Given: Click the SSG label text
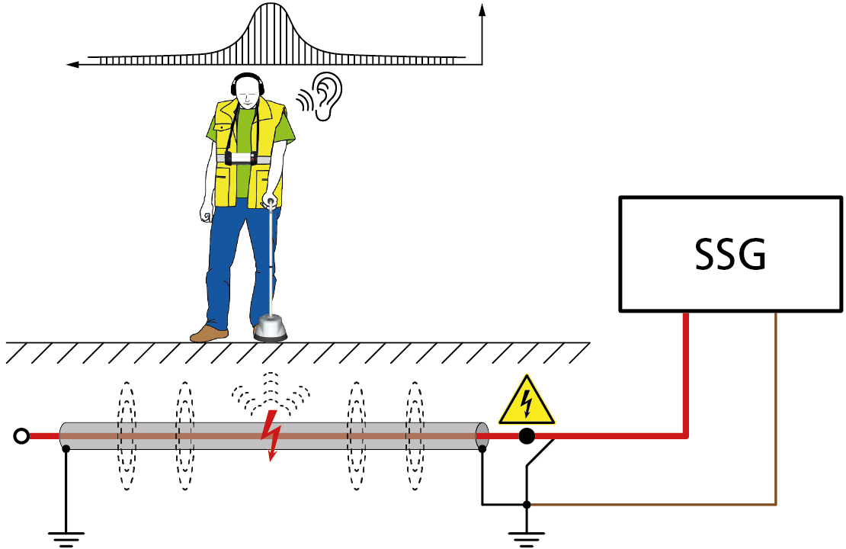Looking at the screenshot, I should (x=730, y=255).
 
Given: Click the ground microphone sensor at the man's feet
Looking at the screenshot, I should (x=271, y=329).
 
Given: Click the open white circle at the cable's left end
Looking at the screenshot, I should (x=22, y=436).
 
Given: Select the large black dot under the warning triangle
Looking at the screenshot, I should (x=526, y=437).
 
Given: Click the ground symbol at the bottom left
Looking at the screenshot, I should (x=66, y=536).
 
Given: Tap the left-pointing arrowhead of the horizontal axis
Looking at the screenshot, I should (x=73, y=65).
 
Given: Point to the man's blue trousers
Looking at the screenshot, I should (x=229, y=259).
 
